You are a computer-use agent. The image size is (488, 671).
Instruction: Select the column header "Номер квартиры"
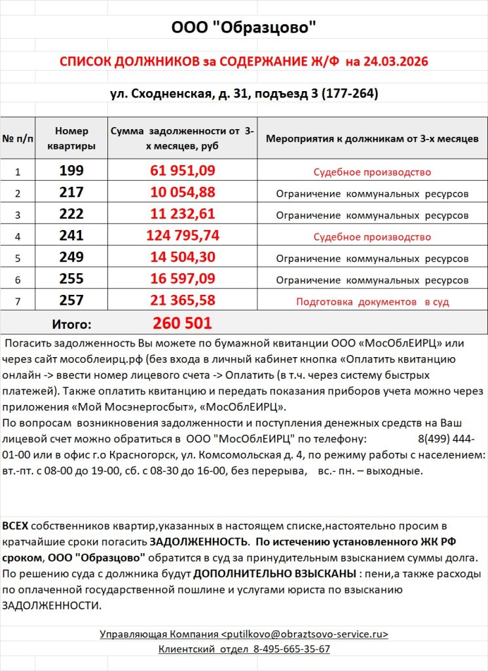(71, 138)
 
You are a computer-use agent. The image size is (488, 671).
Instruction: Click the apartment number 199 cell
(71, 172)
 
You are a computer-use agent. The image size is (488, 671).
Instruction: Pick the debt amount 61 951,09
(183, 172)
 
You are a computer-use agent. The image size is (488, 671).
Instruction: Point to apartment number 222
(71, 214)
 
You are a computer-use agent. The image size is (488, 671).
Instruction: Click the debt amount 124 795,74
(183, 236)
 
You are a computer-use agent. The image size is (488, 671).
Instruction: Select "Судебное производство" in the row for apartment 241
(371, 237)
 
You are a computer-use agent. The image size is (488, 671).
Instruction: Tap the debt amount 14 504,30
(183, 258)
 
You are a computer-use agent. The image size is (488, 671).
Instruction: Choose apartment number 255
(71, 279)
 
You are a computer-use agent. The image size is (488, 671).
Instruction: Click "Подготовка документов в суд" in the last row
(372, 301)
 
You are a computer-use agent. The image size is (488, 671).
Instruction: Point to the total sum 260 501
(182, 323)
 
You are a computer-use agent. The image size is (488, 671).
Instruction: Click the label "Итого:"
(71, 324)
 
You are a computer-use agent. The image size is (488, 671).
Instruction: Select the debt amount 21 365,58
(183, 301)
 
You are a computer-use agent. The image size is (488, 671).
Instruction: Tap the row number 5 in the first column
(18, 258)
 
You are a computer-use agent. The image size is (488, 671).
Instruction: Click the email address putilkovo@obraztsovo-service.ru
(305, 634)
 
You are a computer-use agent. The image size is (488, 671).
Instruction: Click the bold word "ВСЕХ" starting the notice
(15, 526)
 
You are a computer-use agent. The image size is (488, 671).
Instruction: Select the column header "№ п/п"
(18, 138)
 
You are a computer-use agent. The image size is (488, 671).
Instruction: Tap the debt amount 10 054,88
(183, 193)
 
